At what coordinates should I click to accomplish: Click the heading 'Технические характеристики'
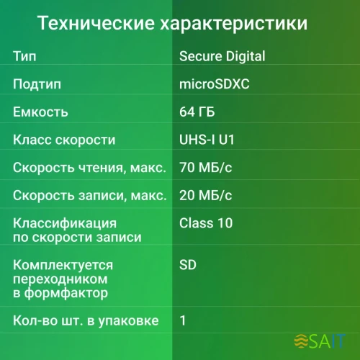pyautogui.click(x=172, y=24)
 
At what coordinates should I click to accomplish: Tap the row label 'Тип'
pyautogui.click(x=24, y=56)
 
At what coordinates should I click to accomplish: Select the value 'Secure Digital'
pyautogui.click(x=222, y=56)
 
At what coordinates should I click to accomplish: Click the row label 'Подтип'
pyautogui.click(x=37, y=84)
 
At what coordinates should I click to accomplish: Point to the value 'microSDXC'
pyautogui.click(x=214, y=84)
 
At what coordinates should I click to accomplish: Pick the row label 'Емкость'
pyautogui.click(x=40, y=112)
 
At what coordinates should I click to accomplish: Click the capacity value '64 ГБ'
pyautogui.click(x=197, y=112)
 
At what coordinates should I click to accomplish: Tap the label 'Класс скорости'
pyautogui.click(x=64, y=140)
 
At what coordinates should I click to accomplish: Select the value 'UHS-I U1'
pyautogui.click(x=207, y=140)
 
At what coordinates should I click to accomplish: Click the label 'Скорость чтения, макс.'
pyautogui.click(x=89, y=168)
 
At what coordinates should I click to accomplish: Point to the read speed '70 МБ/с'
pyautogui.click(x=204, y=168)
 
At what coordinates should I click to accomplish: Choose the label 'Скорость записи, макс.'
pyautogui.click(x=89, y=195)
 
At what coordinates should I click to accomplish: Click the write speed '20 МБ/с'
pyautogui.click(x=204, y=195)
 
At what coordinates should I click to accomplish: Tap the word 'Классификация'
pyautogui.click(x=64, y=223)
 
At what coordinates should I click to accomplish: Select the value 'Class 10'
pyautogui.click(x=206, y=223)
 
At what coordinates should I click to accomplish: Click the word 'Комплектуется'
pyautogui.click(x=63, y=266)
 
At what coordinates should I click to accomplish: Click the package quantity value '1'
pyautogui.click(x=183, y=320)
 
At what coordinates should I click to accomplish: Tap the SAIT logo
pyautogui.click(x=320, y=340)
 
